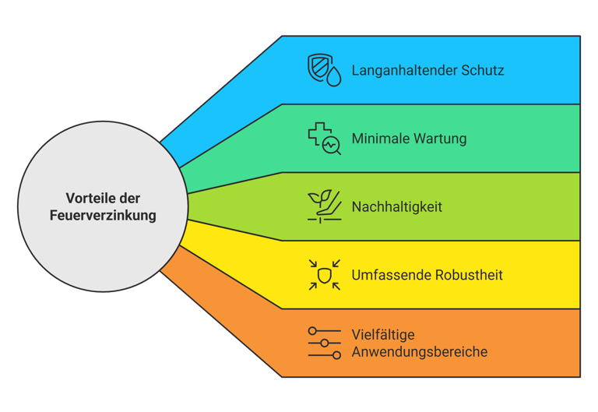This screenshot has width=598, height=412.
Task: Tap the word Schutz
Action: tap(482, 71)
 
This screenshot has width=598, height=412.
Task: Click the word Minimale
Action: tap(380, 139)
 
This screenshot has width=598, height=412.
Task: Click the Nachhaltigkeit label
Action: tap(397, 207)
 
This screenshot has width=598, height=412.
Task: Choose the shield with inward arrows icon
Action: tap(324, 275)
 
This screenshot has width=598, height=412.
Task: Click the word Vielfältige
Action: tap(383, 335)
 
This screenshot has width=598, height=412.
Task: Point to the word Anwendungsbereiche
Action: tap(420, 352)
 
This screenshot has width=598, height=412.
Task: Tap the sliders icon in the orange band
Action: tap(324, 343)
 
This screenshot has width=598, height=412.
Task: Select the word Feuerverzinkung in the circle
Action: tap(103, 216)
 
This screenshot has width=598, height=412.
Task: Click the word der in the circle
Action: tap(130, 199)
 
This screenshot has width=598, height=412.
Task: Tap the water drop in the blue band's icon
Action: tap(333, 77)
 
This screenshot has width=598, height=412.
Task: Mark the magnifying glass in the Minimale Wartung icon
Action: tap(332, 146)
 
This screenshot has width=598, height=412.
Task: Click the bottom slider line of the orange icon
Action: tap(324, 355)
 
